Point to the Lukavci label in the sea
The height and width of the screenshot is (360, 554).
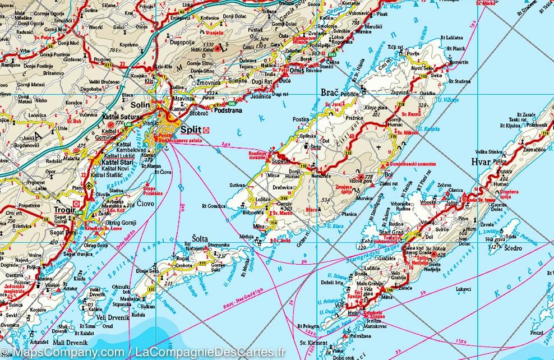[464, 289]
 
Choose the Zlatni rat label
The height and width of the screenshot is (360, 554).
[389, 184]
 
